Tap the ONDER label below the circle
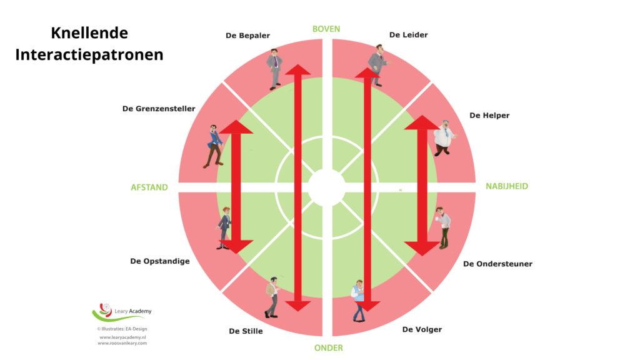coord(328,347)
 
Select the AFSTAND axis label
coord(149,187)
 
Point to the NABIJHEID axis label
coord(507,186)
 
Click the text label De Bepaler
coord(247,36)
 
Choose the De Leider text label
coord(408,35)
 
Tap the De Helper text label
coord(489,116)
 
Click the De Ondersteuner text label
coord(498,264)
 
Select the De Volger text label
coord(422,329)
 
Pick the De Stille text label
coord(246,331)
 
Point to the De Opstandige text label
coord(159,261)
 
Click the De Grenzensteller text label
coord(159,108)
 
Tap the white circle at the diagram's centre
coord(326,187)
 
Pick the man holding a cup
coord(443,228)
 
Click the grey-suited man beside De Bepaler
coord(275,68)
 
